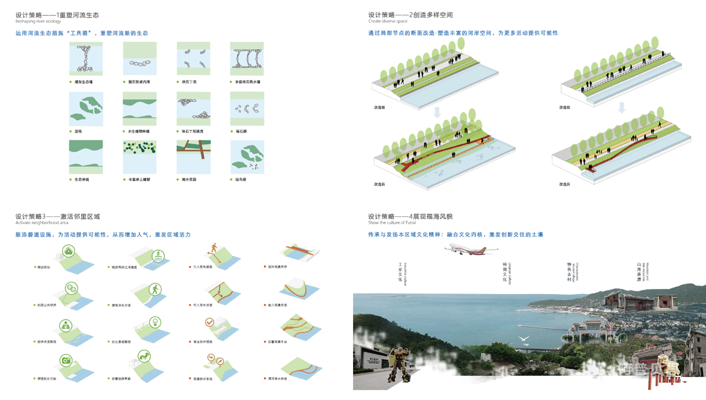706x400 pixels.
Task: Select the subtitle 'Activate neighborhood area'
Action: coord(38,224)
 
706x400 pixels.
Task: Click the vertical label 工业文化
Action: coord(400,273)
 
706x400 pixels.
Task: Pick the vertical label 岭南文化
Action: coord(505,273)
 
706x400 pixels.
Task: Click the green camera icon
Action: coord(66,361)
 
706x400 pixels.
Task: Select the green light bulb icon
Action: coord(155,322)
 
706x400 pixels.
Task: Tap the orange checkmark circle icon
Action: coord(209,322)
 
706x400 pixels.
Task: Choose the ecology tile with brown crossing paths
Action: coord(193,157)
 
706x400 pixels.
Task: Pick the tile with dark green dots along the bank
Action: coord(140,157)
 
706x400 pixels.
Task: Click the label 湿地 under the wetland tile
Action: coord(78,131)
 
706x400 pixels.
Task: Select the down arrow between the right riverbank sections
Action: coord(622,107)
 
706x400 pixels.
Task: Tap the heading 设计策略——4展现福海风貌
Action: coord(410,216)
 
